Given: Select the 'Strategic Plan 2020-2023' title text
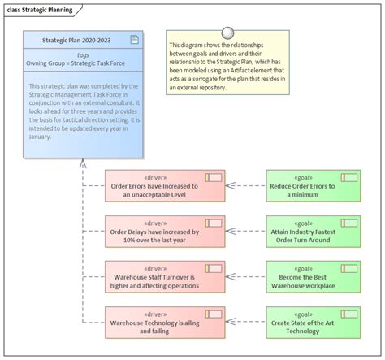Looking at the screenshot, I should [82, 40].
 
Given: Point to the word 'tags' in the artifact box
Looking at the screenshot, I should [82, 54].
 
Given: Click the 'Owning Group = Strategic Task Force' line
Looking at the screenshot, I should [82, 63].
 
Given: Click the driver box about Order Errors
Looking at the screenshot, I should [164, 185].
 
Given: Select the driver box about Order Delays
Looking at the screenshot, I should [164, 231].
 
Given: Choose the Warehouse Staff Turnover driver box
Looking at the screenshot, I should [164, 276].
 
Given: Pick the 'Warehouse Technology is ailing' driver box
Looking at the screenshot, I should [164, 322].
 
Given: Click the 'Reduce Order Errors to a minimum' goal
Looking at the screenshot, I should [313, 185].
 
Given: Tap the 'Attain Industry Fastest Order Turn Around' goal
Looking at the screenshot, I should [313, 231].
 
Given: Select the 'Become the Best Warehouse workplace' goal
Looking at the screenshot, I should [313, 276].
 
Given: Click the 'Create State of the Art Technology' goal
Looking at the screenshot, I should [313, 322].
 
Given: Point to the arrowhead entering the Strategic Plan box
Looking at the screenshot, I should [82, 163].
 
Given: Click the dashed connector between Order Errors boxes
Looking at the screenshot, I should [245, 185].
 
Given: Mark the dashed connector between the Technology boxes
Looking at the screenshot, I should [245, 322].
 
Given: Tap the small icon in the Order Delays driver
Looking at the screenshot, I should [214, 222].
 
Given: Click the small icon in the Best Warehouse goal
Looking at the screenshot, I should [350, 267].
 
